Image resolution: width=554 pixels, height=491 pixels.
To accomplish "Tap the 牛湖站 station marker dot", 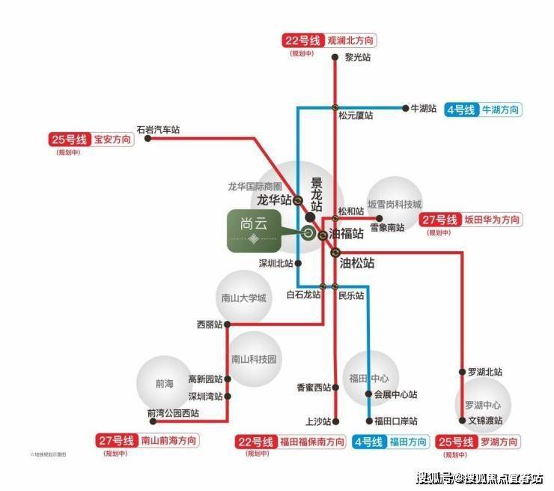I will (x=405, y=108).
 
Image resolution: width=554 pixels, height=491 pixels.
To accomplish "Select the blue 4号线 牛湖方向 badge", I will (x=483, y=110).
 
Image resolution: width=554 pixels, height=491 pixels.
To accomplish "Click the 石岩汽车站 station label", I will (x=158, y=129).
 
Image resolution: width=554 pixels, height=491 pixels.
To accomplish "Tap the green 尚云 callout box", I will (x=255, y=231).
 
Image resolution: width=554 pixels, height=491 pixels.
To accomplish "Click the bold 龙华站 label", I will (x=273, y=200).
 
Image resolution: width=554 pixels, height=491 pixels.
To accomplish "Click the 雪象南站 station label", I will (x=387, y=227).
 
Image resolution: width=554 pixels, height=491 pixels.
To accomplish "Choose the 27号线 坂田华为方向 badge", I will (x=470, y=220).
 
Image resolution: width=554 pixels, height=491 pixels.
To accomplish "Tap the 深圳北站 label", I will (x=275, y=263).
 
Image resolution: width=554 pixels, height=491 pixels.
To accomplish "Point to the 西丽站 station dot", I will (x=227, y=325).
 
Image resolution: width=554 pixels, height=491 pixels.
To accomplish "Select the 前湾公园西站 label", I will (x=174, y=412).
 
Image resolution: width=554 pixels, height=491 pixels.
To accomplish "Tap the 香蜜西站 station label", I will (x=314, y=388).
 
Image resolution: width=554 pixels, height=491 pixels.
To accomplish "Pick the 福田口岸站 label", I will (x=396, y=421).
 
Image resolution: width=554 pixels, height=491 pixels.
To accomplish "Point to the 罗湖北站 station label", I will (x=484, y=372).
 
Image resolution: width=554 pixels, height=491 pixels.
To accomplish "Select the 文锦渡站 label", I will (x=484, y=421).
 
